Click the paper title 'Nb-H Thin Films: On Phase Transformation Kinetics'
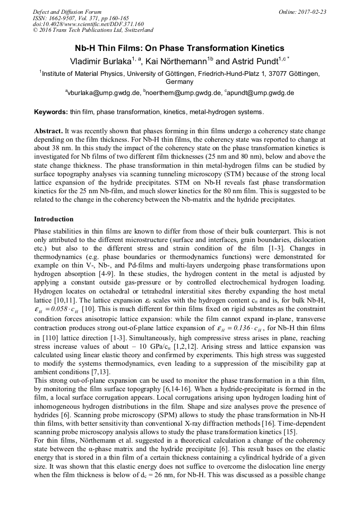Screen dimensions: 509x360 [179, 48]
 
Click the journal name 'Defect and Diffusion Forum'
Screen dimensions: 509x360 [67, 12]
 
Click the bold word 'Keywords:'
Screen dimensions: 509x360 [51, 112]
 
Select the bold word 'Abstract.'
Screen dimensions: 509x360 [48, 131]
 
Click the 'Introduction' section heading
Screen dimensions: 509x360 [54, 219]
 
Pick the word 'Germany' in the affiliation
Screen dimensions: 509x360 [179, 82]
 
